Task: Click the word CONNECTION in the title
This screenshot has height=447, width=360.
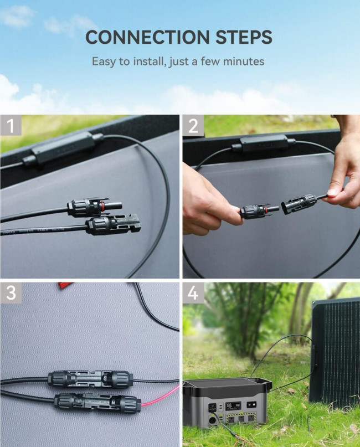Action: (147, 37)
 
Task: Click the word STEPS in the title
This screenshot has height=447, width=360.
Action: (244, 37)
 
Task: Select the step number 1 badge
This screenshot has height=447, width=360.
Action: (11, 125)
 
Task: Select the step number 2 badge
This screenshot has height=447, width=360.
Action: (193, 125)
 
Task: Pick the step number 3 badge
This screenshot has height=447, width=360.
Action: (11, 293)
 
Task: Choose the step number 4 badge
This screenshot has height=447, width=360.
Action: (193, 293)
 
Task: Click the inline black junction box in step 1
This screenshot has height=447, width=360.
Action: (63, 149)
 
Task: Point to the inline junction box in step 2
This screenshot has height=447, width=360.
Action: (264, 144)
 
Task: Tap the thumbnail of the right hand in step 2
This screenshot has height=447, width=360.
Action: (333, 192)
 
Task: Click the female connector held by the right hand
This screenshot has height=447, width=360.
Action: (299, 203)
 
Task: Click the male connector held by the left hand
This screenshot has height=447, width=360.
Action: (259, 211)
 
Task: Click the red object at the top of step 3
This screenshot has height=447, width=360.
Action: (66, 285)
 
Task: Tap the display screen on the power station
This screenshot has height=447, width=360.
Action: (233, 406)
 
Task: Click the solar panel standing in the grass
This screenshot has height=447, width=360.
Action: (335, 352)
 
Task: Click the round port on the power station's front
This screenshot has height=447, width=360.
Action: (212, 420)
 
